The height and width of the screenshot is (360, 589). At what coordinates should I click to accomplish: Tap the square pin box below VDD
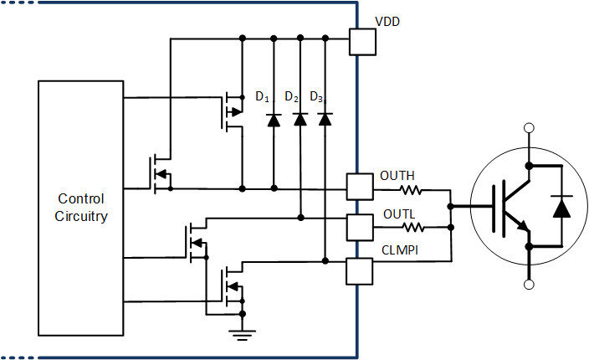click(361, 42)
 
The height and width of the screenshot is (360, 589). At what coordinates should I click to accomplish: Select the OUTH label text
click(397, 176)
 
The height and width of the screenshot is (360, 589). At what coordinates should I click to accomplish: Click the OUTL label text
click(399, 213)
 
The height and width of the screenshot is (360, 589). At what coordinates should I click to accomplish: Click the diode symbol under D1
click(274, 119)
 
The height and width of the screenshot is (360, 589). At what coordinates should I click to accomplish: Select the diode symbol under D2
click(300, 119)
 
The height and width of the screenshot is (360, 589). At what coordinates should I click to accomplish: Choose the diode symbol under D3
click(325, 119)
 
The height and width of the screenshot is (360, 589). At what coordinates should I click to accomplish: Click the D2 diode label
click(291, 97)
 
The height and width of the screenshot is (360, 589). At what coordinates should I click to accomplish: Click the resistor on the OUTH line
click(412, 190)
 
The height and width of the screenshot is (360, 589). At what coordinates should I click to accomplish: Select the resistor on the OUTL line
click(411, 226)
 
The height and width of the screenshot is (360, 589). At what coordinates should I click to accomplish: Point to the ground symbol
click(242, 335)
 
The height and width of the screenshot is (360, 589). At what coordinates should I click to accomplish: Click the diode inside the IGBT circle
click(561, 205)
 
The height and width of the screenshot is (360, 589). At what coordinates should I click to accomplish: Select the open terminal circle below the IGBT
click(528, 285)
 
